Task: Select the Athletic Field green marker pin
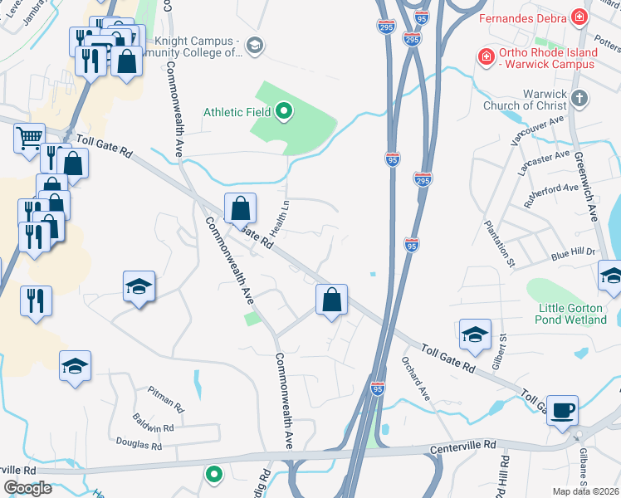tap(284, 111)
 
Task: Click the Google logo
tap(27, 488)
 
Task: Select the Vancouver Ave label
tap(537, 132)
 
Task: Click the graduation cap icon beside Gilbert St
tap(474, 334)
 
